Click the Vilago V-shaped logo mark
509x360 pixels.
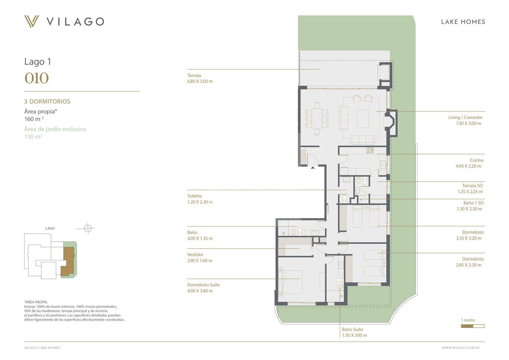[x=32, y=21]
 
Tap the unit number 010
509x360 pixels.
[x=37, y=78]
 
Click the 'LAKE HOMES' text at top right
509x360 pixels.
[x=463, y=22]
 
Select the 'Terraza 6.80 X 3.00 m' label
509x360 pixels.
[x=200, y=78]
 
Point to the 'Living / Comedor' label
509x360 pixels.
[x=465, y=117]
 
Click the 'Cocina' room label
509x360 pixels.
[x=477, y=160]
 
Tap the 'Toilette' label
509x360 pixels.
[x=195, y=196]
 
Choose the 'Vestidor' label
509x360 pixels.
[x=195, y=254]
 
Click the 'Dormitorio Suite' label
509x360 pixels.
[x=203, y=285]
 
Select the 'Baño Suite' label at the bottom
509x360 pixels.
[x=352, y=329]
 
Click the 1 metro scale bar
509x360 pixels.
[x=473, y=326]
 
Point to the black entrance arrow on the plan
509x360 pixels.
[x=313, y=168]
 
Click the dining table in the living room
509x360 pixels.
[x=317, y=118]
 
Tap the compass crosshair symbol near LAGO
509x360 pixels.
[x=88, y=228]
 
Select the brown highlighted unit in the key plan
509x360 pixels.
[x=67, y=261]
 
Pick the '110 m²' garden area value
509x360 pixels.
[x=33, y=137]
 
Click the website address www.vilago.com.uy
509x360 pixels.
[x=461, y=348]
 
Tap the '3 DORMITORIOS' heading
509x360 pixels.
[x=47, y=101]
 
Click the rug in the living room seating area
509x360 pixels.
[x=362, y=118]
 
